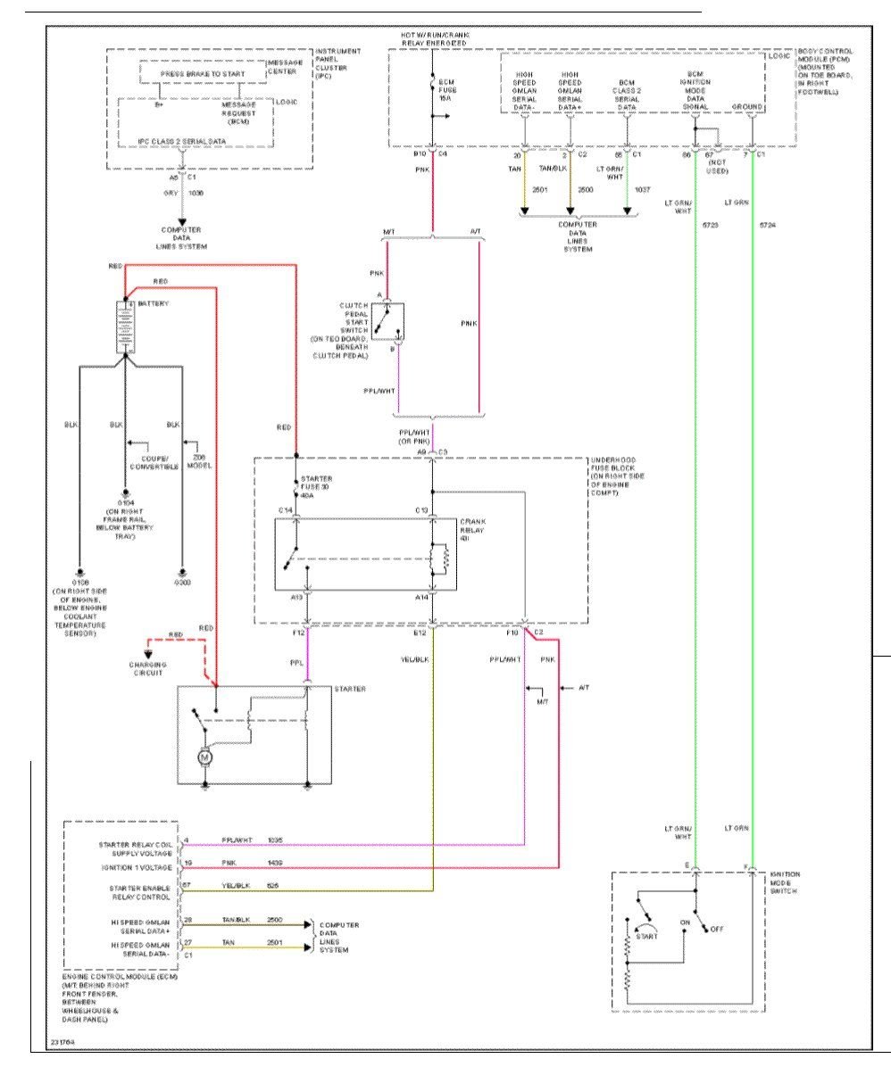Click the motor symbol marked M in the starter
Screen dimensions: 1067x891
click(x=204, y=757)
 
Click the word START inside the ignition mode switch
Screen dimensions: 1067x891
click(x=648, y=936)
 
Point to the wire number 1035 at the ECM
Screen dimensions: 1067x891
click(x=274, y=840)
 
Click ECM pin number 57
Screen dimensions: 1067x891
click(x=187, y=885)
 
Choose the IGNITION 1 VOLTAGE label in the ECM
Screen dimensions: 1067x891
click(x=142, y=866)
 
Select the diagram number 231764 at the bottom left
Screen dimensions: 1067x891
click(x=62, y=1040)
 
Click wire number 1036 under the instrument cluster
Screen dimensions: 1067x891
click(x=196, y=192)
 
